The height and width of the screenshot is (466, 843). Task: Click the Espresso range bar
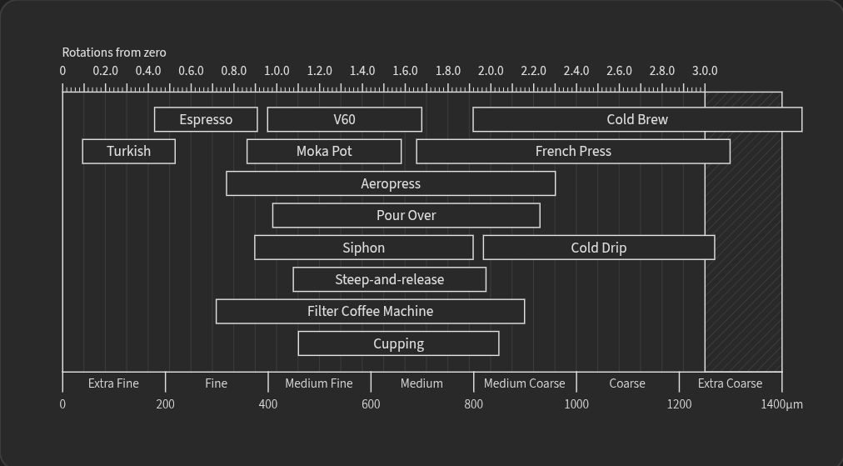coord(206,119)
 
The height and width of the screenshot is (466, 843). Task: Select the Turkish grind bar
coord(129,151)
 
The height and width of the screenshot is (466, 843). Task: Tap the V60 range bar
coord(344,119)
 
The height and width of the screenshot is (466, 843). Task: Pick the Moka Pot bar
coord(324,151)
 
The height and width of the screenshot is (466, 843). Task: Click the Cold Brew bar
coord(637,119)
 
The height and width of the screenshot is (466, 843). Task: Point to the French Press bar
coord(573,151)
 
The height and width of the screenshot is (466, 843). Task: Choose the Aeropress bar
coord(391,183)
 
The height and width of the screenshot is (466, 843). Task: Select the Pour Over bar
coord(406,215)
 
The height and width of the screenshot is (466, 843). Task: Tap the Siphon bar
coord(364,248)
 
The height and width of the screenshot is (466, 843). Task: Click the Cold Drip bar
coord(599,248)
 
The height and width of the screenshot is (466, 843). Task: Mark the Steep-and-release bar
coord(389,279)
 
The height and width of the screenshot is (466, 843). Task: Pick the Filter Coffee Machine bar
coord(370,311)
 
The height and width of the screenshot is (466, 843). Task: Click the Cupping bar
coord(398,343)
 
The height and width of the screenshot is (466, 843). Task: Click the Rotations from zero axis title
coord(114,53)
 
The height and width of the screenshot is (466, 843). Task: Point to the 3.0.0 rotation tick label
coord(705,71)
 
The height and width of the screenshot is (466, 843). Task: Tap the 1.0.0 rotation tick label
coord(277,71)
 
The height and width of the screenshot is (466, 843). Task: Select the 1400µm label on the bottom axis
coord(781,404)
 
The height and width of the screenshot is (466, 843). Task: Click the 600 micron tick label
coord(371,404)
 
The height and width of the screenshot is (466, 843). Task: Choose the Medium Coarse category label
coord(524,383)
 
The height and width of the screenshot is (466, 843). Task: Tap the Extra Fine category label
coord(113,383)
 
